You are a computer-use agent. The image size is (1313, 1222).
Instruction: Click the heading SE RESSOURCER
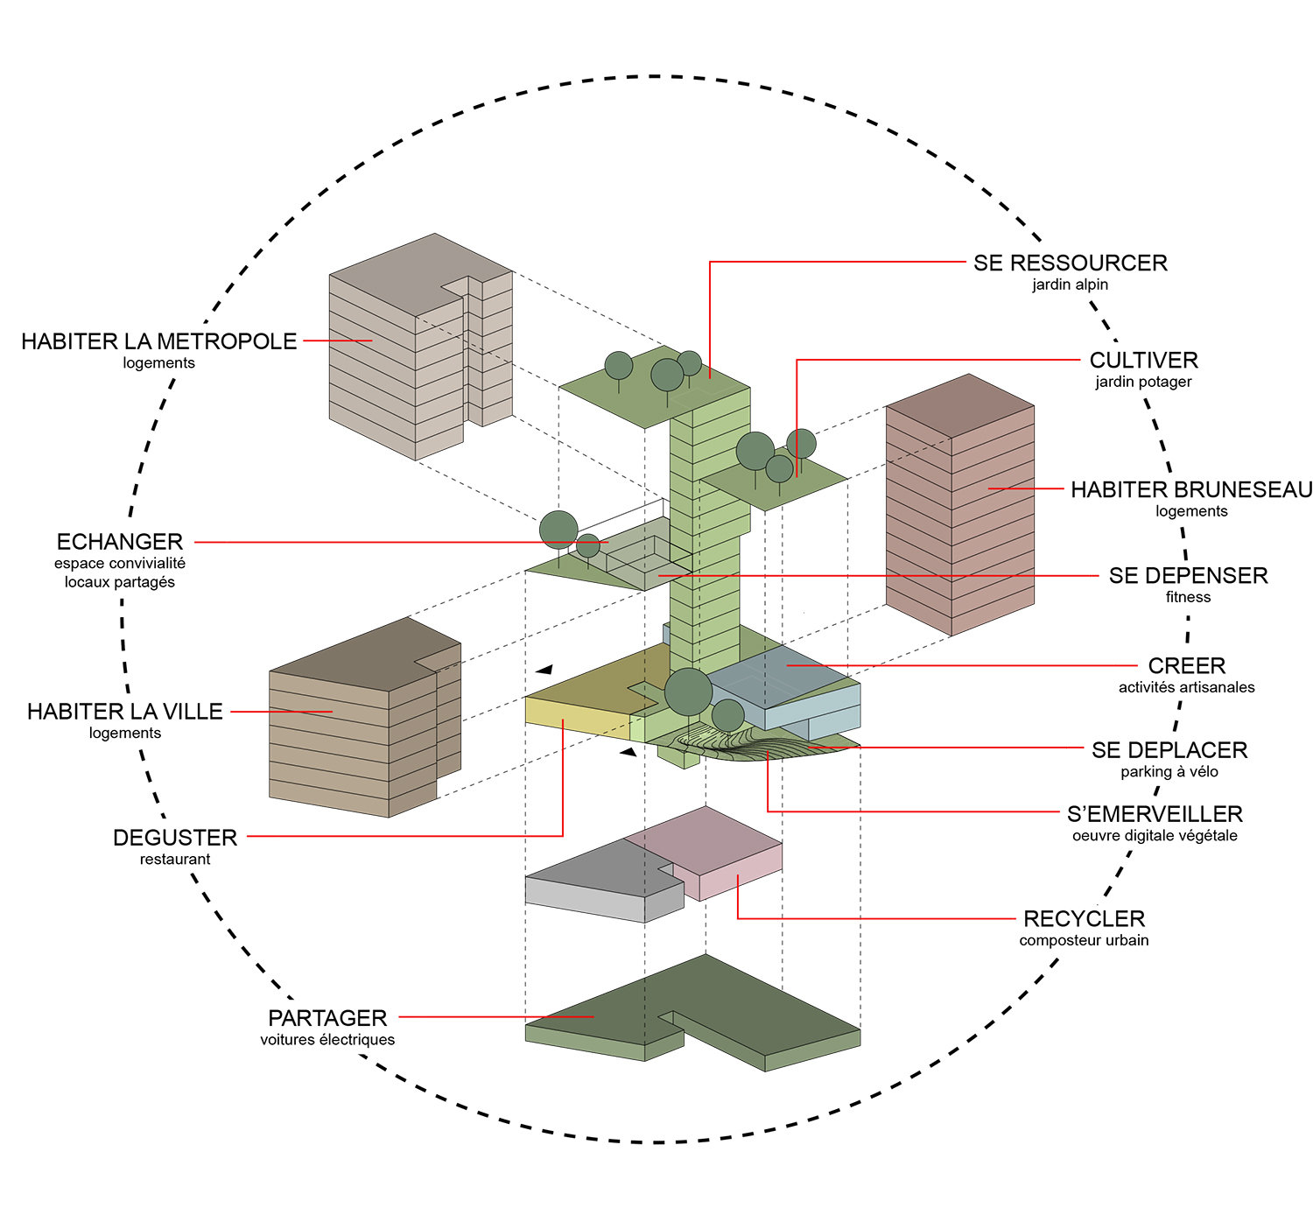(1070, 263)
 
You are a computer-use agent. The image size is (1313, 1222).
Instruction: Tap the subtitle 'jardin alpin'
(1070, 284)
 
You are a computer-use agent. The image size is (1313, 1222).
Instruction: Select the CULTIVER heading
(1143, 360)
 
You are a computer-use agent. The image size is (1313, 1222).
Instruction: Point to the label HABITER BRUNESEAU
(1191, 489)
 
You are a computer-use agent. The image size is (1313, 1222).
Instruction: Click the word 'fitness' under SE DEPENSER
(1188, 597)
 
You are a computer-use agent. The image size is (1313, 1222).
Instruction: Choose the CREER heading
(1186, 666)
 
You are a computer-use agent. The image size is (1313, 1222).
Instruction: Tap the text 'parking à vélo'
(1169, 771)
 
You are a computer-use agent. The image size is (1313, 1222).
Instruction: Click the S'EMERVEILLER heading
(1155, 814)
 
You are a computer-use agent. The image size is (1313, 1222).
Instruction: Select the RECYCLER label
(1084, 919)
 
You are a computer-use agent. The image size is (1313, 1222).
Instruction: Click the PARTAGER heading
(327, 1018)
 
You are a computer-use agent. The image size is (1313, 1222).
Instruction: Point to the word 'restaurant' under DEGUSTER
(175, 860)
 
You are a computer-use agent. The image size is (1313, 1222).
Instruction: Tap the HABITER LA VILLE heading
(125, 712)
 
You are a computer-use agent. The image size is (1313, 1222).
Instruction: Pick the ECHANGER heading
(120, 542)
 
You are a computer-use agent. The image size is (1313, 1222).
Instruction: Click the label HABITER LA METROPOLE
(159, 341)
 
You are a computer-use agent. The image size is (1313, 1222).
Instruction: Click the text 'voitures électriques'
(327, 1040)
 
